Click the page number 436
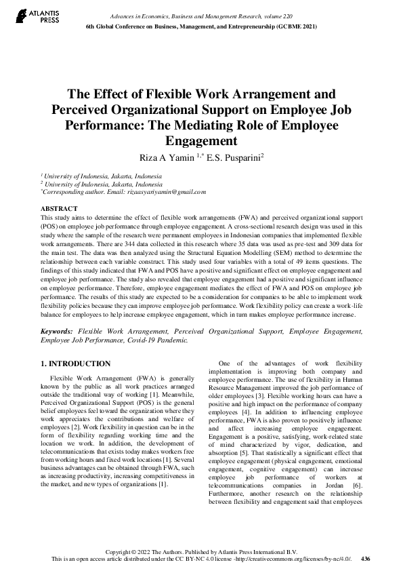[x=366, y=559]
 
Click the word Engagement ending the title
[x=201, y=141]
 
